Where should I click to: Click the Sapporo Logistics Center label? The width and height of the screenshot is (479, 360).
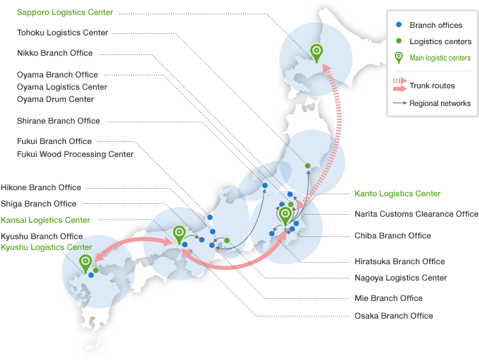point(65,12)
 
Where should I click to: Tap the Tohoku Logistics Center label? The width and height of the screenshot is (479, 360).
point(62,32)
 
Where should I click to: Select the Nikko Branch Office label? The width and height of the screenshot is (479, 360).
point(54,53)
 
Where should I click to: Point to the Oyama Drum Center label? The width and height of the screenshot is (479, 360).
point(55,99)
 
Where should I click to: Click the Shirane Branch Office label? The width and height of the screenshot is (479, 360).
point(58,121)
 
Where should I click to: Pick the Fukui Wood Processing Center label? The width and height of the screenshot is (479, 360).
point(75,154)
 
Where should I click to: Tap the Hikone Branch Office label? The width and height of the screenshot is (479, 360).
point(41,187)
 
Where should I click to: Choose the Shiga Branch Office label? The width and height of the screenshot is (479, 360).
point(38,204)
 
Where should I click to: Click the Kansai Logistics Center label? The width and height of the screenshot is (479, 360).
point(45,220)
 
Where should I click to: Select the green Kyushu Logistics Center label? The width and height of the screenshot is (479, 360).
point(46,247)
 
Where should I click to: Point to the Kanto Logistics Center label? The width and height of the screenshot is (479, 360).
point(397,194)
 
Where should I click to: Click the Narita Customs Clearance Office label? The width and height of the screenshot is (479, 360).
point(416,214)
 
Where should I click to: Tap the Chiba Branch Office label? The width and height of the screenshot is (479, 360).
point(393,236)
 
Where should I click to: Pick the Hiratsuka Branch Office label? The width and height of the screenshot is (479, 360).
point(400,262)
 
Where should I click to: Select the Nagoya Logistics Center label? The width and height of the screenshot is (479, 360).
point(401,278)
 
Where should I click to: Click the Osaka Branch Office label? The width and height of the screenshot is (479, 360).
point(393,316)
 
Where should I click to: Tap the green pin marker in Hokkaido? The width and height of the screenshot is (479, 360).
point(316,51)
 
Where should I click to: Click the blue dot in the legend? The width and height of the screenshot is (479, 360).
point(399,25)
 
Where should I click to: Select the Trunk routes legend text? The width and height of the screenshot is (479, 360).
point(432,86)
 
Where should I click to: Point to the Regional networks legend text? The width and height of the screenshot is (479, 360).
point(440,103)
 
